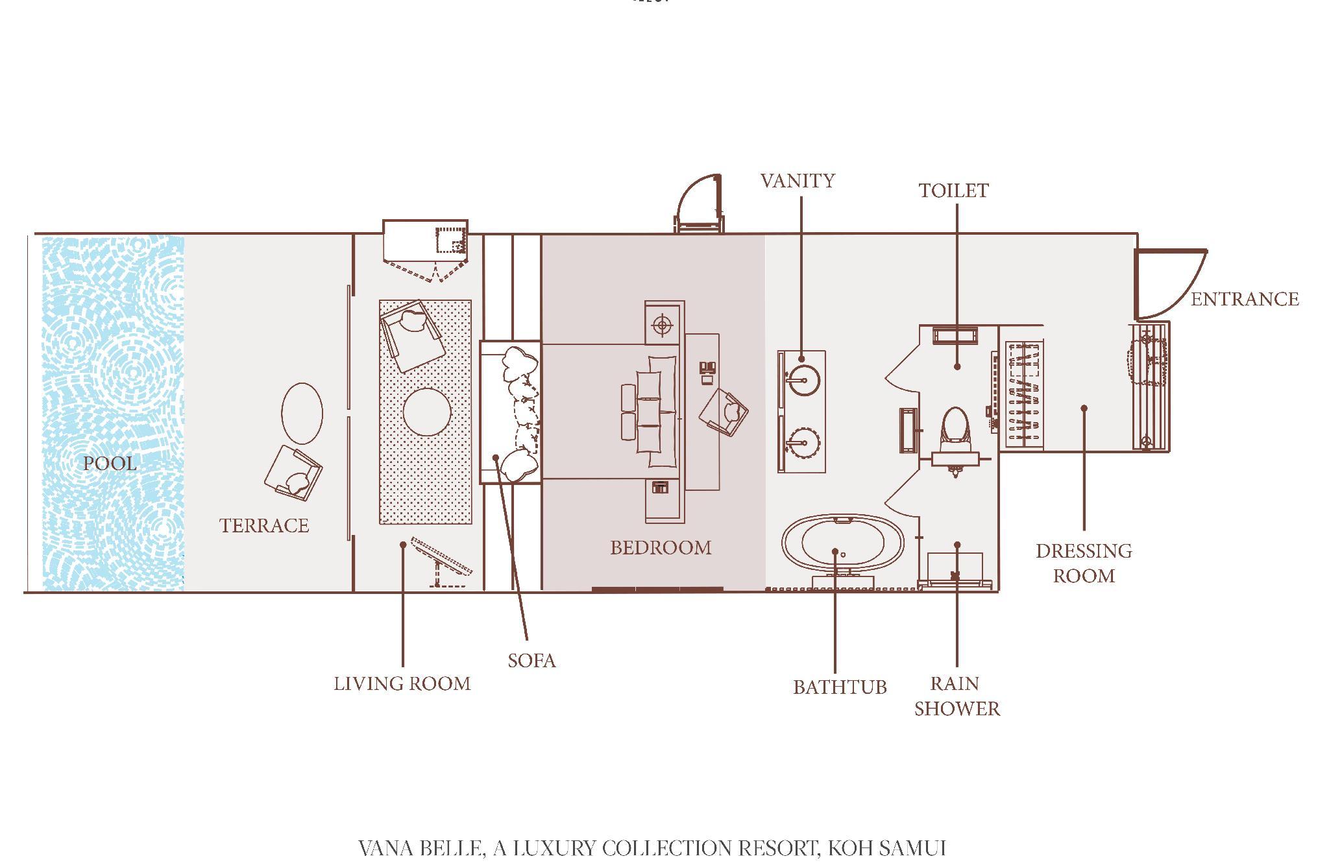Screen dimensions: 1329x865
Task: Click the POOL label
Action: [110, 463]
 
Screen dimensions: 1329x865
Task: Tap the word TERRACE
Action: [264, 525]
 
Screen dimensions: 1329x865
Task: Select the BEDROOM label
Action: [661, 548]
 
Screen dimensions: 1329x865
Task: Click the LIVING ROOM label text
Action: [402, 683]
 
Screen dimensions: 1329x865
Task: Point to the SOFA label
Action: [531, 660]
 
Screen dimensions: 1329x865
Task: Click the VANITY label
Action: [798, 180]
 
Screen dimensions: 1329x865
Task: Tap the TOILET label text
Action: [953, 190]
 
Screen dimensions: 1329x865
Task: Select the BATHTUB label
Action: [840, 687]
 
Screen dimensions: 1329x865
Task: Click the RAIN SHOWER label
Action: [957, 696]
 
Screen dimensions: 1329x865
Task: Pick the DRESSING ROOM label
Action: [1084, 563]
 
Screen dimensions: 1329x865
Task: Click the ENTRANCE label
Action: [1245, 299]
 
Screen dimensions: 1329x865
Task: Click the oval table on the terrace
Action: [302, 413]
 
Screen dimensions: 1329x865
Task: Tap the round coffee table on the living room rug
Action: [427, 412]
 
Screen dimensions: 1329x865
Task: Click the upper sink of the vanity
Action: [802, 379]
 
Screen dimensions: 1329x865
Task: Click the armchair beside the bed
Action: [724, 412]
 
